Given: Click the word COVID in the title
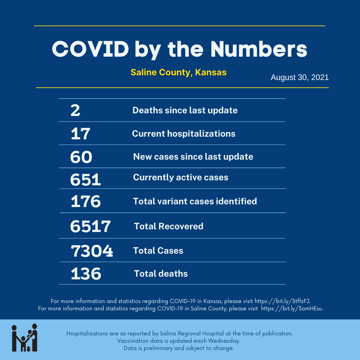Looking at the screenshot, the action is tap(90, 49).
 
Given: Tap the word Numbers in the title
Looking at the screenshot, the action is tap(259, 49).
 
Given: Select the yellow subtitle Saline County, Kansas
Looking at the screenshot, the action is tap(179, 72).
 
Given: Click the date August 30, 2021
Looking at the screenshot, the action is tap(300, 77).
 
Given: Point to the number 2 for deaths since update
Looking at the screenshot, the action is tap(75, 110).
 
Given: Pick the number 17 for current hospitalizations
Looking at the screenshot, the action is tap(80, 134).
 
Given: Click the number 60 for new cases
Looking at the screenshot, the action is tap(81, 157).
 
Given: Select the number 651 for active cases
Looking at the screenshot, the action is tap(85, 180).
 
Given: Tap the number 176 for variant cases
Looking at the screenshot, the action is tap(86, 201).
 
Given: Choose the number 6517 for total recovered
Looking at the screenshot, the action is tap(90, 226).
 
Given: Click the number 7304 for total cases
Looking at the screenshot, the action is tap(92, 251).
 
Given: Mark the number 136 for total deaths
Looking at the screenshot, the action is tap(86, 274).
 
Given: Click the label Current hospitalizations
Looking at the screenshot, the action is tap(184, 134).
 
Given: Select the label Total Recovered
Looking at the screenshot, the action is tap(169, 226).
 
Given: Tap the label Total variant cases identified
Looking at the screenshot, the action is tap(195, 201).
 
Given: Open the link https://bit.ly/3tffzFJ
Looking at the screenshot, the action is tap(282, 301).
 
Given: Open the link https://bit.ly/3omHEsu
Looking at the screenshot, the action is tap(292, 308).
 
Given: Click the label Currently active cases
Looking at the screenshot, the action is tap(181, 177).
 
